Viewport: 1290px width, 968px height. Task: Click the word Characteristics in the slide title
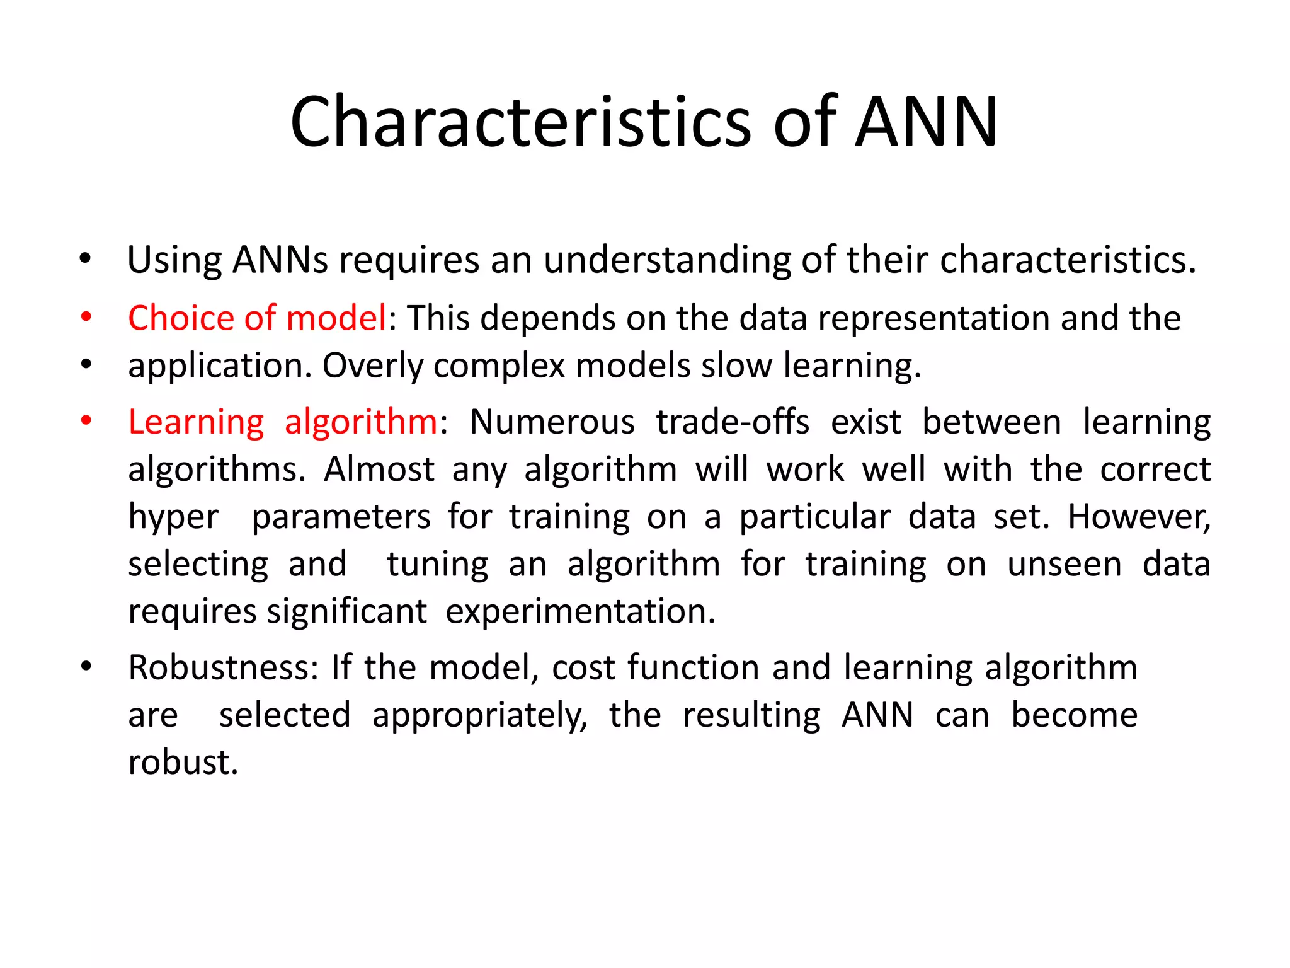click(520, 122)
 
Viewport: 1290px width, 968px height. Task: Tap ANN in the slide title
click(927, 122)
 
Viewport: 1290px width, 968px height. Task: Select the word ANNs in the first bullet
click(280, 260)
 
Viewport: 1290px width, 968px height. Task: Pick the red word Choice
click(181, 318)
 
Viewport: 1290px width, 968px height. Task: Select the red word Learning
click(196, 422)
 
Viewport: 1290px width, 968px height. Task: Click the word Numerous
click(552, 422)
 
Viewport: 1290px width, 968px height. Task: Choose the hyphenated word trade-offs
click(733, 422)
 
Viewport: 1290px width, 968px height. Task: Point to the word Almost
click(379, 470)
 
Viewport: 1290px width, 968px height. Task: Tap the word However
click(1139, 517)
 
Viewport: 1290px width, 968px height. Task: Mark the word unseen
click(1065, 564)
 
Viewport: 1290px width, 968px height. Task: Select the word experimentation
click(580, 611)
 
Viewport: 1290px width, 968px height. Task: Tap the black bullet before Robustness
click(86, 666)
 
